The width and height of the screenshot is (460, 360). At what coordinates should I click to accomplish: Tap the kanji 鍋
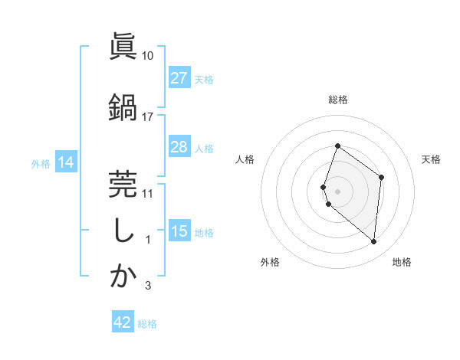(123, 106)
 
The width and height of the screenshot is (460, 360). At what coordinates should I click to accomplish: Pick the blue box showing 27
(179, 78)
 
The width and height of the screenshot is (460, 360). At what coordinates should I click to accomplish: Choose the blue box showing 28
(179, 147)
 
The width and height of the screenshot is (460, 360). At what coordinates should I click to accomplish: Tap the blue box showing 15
(179, 231)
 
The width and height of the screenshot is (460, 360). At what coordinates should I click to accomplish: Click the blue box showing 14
(66, 162)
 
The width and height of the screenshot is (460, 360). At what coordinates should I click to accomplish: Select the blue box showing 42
(123, 322)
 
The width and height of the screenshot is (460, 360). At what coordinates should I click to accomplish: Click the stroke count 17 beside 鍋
(148, 116)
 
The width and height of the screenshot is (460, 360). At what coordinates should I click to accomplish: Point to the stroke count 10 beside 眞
(148, 56)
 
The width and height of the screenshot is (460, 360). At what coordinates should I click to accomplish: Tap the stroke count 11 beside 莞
(148, 193)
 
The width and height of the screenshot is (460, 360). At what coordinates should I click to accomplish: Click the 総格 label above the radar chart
(337, 100)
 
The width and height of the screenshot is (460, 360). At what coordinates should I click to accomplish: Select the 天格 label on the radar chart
(431, 159)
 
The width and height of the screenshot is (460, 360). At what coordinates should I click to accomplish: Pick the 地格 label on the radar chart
(402, 262)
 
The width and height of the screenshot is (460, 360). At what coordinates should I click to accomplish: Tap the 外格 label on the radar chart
(270, 262)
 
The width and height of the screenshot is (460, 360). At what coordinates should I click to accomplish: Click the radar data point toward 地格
(374, 242)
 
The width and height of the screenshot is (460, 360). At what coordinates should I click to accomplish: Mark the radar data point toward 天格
(382, 177)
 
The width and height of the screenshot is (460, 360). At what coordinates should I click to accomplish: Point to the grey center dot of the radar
(337, 191)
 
